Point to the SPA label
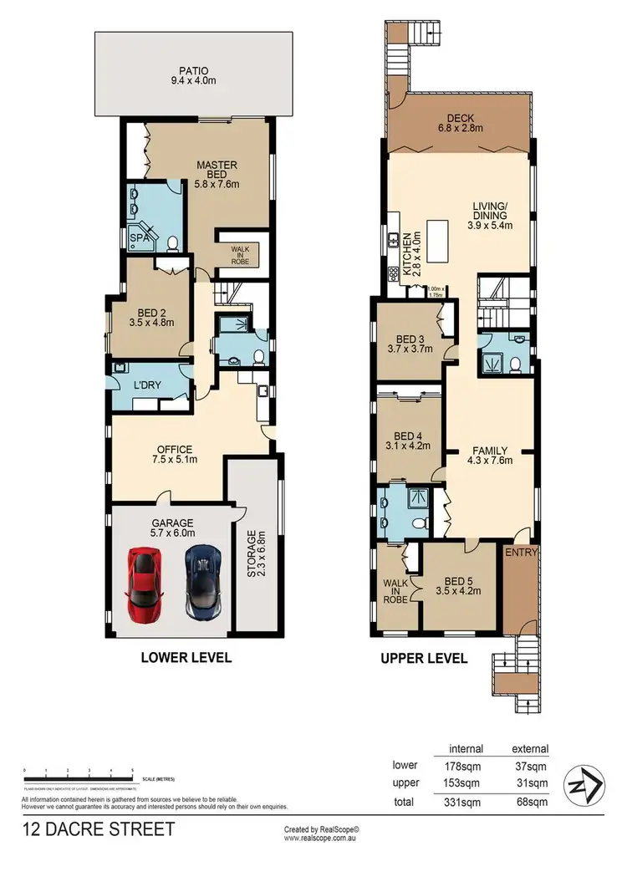[139, 239]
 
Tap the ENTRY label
[520, 553]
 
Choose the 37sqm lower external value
[530, 765]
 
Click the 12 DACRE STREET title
[99, 829]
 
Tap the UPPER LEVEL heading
[423, 658]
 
